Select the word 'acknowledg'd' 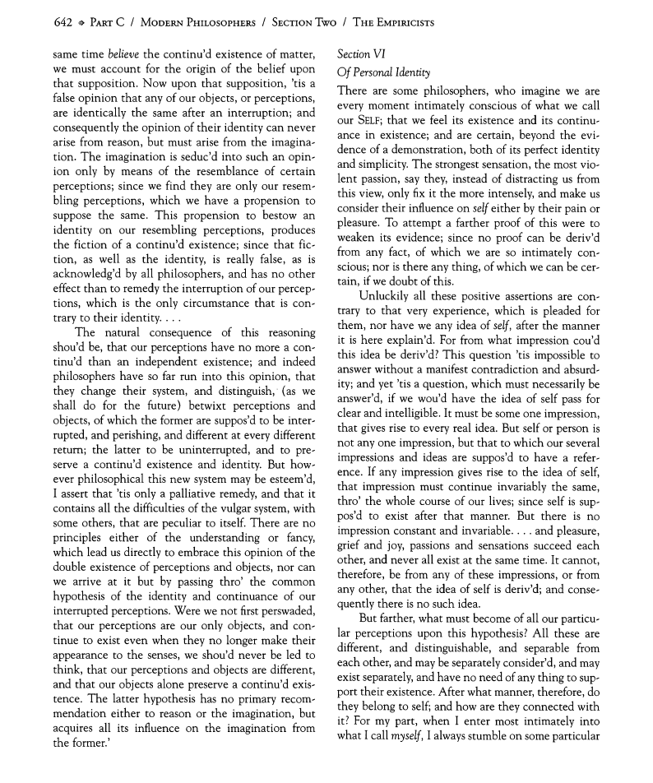88,273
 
